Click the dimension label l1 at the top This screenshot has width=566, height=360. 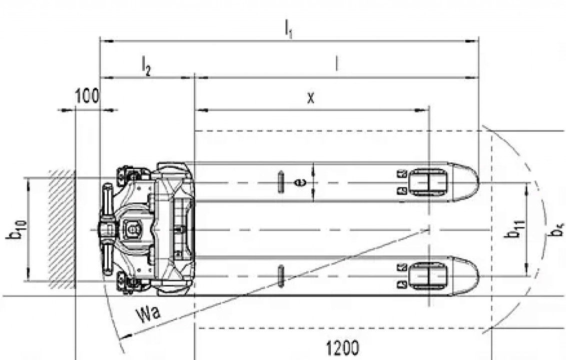tap(288, 28)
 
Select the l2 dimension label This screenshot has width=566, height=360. tap(146, 66)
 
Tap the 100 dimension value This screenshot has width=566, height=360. tap(87, 96)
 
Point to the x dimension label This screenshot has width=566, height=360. tap(311, 98)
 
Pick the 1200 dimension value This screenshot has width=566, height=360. tap(343, 348)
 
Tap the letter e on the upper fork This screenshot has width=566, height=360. tap(299, 182)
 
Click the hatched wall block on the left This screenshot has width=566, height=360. tap(62, 229)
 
